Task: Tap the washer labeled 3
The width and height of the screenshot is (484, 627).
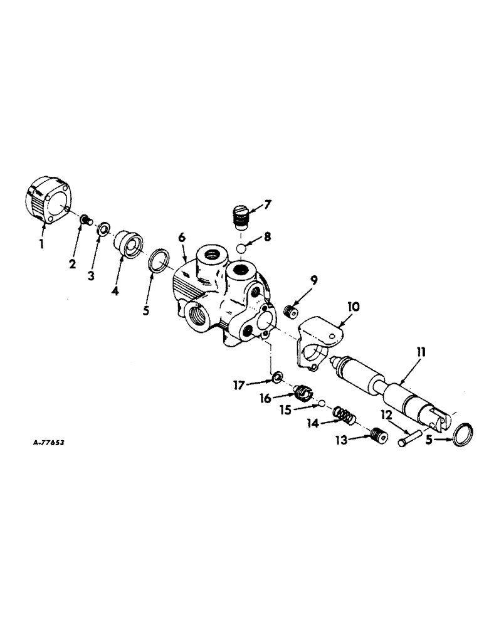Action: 103,227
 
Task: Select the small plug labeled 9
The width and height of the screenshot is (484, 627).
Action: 290,310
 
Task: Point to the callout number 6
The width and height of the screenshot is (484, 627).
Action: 182,238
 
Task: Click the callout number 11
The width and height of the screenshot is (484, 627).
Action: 421,354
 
